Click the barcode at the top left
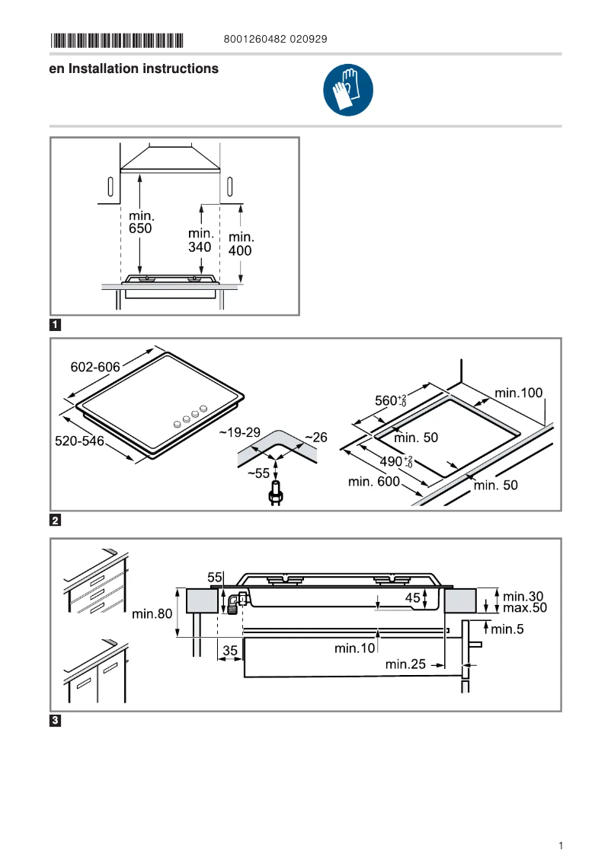pyautogui.click(x=117, y=40)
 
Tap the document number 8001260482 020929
pyautogui.click(x=276, y=40)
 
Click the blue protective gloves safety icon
pyautogui.click(x=348, y=91)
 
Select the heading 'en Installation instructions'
pyautogui.click(x=133, y=68)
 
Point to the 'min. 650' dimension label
pyautogui.click(x=140, y=222)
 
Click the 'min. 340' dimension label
pyautogui.click(x=200, y=240)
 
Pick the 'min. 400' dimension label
pyautogui.click(x=241, y=244)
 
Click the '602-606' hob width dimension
pyautogui.click(x=95, y=368)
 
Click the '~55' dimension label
pyautogui.click(x=258, y=473)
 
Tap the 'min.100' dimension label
pyautogui.click(x=519, y=393)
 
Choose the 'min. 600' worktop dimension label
pyautogui.click(x=373, y=481)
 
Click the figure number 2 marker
pyautogui.click(x=56, y=521)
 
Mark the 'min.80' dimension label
pyautogui.click(x=152, y=613)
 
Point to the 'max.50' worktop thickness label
pyautogui.click(x=525, y=608)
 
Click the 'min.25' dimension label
pyautogui.click(x=405, y=664)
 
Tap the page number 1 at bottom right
pyautogui.click(x=560, y=845)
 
